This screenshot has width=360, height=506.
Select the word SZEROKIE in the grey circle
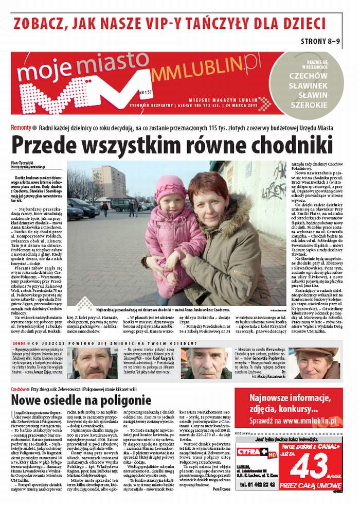pyautogui.click(x=308, y=104)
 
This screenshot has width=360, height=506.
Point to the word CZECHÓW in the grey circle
pyautogui.click(x=308, y=75)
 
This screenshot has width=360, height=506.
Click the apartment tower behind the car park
pyautogui.click(x=108, y=180)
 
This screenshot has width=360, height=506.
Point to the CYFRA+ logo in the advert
pyautogui.click(x=256, y=452)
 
